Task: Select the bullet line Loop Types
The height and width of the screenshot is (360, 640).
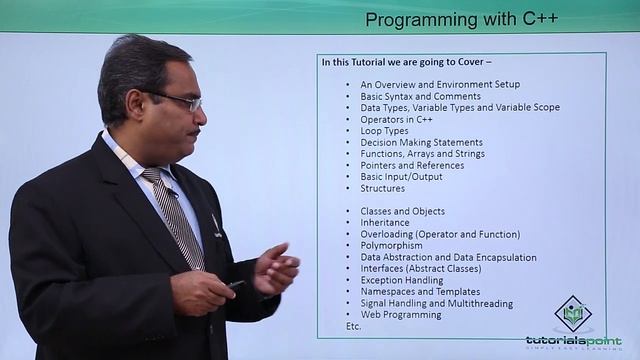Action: [x=384, y=131]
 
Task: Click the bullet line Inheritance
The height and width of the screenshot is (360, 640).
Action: [x=385, y=222]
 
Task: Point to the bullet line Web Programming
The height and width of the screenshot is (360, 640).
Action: [x=401, y=314]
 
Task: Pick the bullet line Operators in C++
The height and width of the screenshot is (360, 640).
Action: [x=396, y=119]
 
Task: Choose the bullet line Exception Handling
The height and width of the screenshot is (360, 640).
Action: [x=402, y=280]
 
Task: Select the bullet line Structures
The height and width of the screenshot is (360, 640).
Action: [x=383, y=188]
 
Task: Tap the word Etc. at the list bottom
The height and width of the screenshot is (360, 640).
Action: [x=353, y=326]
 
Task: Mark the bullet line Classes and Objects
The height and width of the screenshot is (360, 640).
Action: [x=403, y=211]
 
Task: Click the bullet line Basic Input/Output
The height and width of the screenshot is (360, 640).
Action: [x=402, y=177]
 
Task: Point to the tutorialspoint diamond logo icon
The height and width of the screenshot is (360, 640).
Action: [x=573, y=314]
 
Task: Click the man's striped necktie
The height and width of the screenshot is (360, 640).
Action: [x=177, y=215]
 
